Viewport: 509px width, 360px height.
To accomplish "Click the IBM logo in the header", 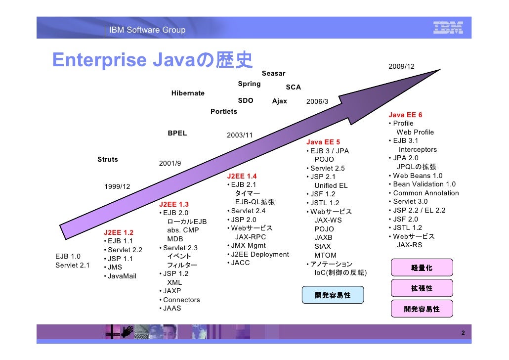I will pyautogui.click(x=448, y=28).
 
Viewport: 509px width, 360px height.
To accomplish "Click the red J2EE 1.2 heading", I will pyautogui.click(x=119, y=232).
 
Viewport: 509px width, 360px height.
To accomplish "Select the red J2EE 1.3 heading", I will pyautogui.click(x=174, y=204).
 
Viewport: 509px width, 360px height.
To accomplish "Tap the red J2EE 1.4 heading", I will pyautogui.click(x=242, y=177).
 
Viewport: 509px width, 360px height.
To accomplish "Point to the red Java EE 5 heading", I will pyautogui.click(x=323, y=142).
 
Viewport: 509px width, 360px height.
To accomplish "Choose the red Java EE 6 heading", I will pyautogui.click(x=405, y=115).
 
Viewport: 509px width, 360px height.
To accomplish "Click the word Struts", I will pyautogui.click(x=108, y=159).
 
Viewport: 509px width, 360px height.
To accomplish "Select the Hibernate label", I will pyautogui.click(x=188, y=93).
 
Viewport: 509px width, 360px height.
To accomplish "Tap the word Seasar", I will pyautogui.click(x=273, y=74).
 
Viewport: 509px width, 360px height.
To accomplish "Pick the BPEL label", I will pyautogui.click(x=177, y=134).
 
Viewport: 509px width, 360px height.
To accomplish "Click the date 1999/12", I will pyautogui.click(x=117, y=186).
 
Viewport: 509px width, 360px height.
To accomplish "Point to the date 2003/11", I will pyautogui.click(x=239, y=135).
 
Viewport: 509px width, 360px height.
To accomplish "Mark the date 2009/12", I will pyautogui.click(x=401, y=67).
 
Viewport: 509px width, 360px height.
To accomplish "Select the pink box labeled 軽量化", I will pyautogui.click(x=422, y=268).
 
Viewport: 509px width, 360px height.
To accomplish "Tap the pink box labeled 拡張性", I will pyautogui.click(x=422, y=288).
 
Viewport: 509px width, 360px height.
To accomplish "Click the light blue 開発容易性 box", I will pyautogui.click(x=333, y=295).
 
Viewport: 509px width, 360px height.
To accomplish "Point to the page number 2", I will pyautogui.click(x=463, y=333).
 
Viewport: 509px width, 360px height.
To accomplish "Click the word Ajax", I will pyautogui.click(x=280, y=101).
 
